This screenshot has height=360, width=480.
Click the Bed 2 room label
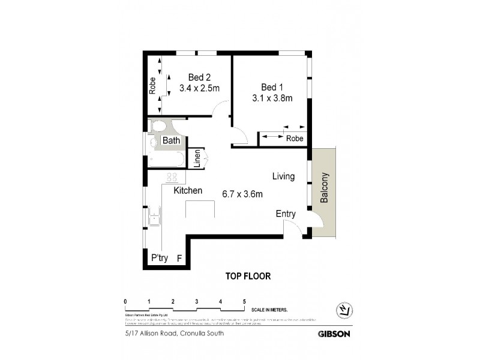point(199,77)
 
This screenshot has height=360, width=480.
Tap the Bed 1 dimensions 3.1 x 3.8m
point(272,98)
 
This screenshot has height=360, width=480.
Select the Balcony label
point(325,189)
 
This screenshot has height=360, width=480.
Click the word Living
point(283,176)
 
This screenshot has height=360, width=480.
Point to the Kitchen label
point(188,191)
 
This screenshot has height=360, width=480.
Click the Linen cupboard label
point(196,159)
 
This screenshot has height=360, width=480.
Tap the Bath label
point(172,141)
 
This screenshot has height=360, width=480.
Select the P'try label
point(159,258)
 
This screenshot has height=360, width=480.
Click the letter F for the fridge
point(179,258)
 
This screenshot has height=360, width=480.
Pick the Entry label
point(286,214)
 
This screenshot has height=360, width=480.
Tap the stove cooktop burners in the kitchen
point(173,177)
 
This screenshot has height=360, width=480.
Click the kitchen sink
point(154,214)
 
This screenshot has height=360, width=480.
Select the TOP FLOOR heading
point(248,277)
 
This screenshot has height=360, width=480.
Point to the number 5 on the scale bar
point(244,301)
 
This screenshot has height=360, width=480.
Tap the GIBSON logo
point(334,334)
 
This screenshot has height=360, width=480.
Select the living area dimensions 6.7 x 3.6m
point(242,194)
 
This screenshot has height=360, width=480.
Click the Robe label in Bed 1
point(294,139)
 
